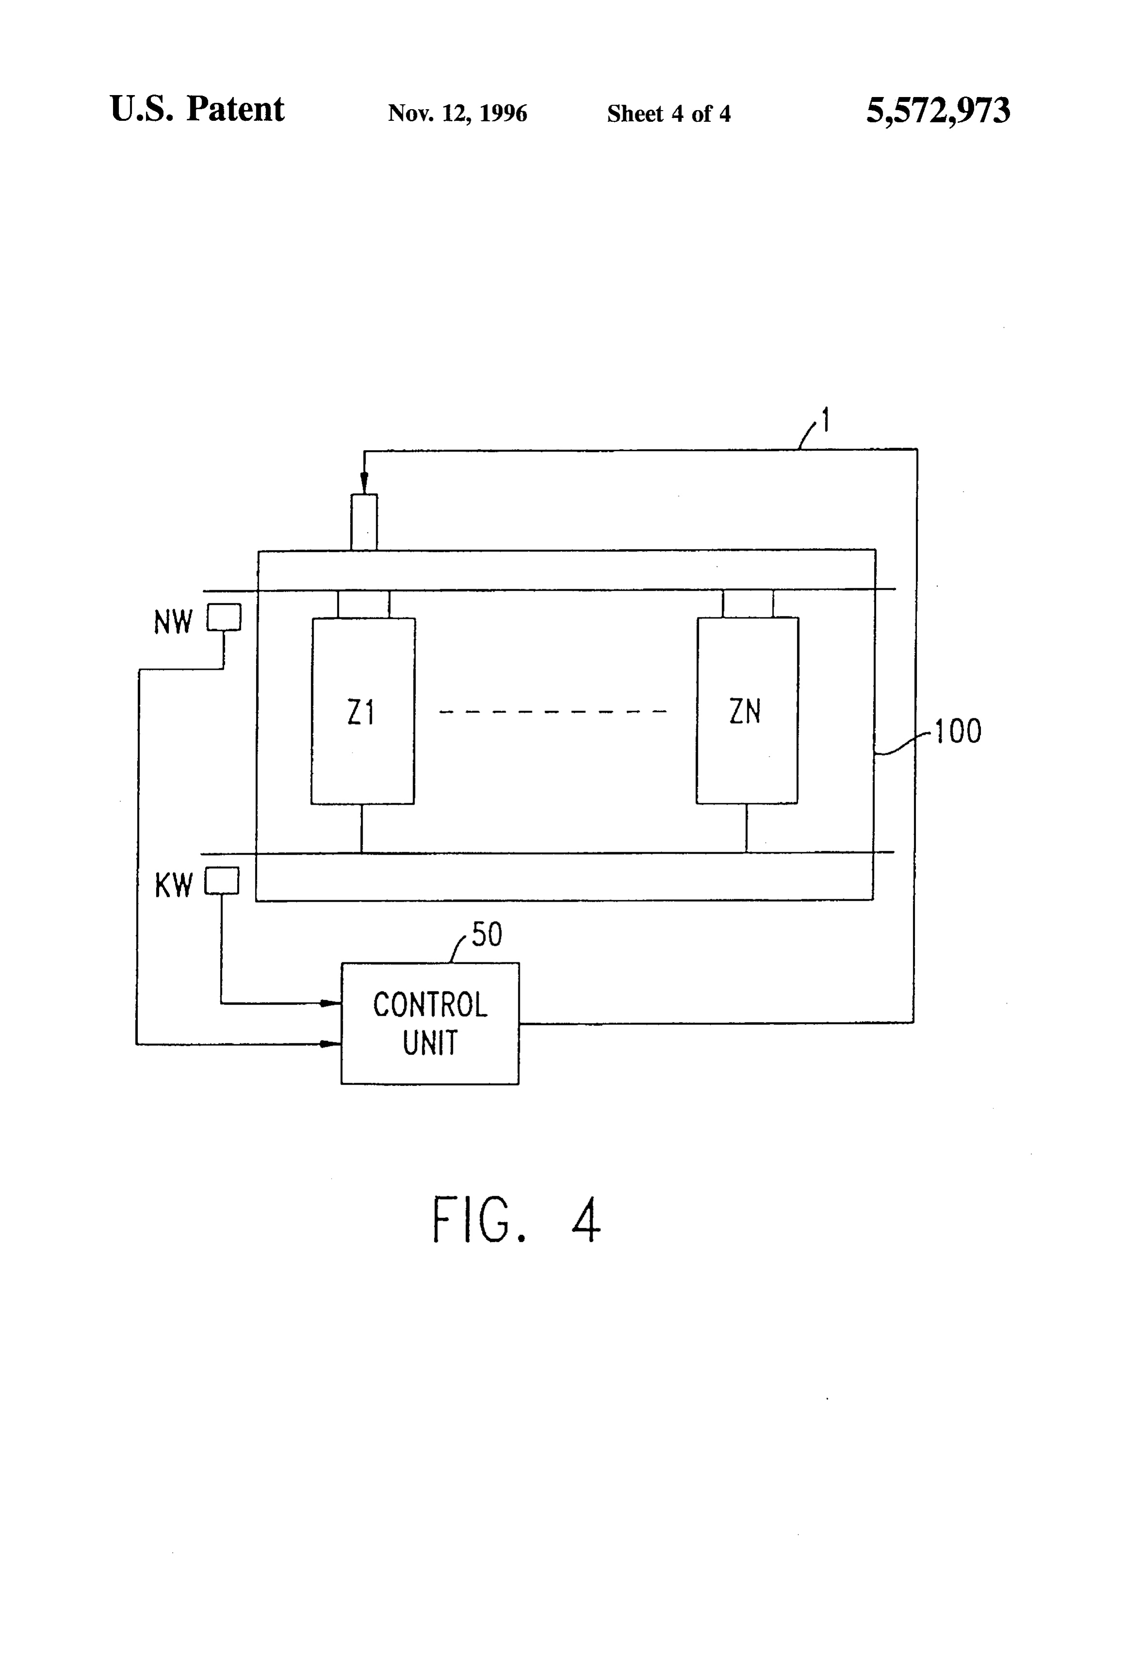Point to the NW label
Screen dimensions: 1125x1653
173,622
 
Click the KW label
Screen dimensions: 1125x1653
174,886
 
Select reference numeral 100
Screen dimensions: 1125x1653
958,731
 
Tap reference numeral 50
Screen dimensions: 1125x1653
487,934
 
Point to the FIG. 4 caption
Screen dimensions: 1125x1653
516,1220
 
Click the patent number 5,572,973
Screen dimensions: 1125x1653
938,111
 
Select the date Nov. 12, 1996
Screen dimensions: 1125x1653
457,113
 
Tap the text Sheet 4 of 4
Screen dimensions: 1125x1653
669,113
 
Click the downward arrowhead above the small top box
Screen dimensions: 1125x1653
364,484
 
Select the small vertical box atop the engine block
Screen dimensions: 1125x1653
364,522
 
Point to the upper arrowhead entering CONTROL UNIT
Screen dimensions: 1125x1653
331,1004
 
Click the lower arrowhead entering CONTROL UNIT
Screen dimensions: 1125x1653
331,1044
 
